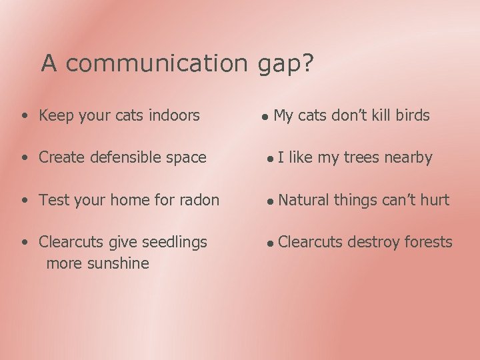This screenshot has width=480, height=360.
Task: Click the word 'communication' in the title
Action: point(157,64)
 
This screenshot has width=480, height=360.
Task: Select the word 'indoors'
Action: point(174,115)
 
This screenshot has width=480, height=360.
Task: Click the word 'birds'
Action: point(412,115)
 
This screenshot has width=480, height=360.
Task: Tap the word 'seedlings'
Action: point(175,242)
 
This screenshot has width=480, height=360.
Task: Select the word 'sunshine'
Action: point(118,263)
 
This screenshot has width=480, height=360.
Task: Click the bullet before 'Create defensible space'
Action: point(25,159)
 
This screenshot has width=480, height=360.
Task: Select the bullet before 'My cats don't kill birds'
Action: point(265,117)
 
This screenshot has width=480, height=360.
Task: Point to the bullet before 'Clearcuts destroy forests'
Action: point(269,243)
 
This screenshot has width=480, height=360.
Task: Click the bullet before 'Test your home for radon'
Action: point(25,201)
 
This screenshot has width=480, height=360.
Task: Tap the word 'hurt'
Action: point(435,200)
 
